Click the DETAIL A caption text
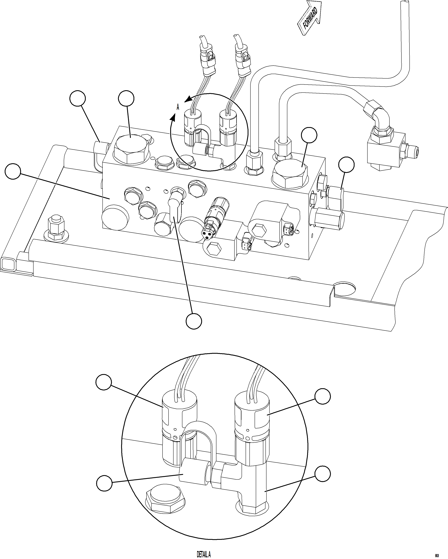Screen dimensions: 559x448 click(203, 554)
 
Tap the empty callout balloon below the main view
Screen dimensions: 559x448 click(194, 321)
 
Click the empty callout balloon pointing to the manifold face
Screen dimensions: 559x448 click(13, 171)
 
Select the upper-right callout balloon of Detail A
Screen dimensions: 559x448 click(323, 396)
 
